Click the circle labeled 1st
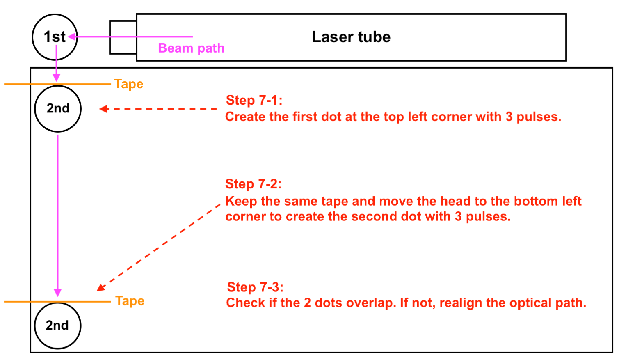(55, 37)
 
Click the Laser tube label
(351, 37)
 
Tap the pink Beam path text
(191, 48)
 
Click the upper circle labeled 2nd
(58, 109)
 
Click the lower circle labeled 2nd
(57, 326)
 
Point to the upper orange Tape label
(129, 84)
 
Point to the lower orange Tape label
(130, 301)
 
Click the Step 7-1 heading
(254, 100)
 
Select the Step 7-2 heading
(253, 184)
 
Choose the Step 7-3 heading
(255, 287)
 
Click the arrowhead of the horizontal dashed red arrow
(103, 109)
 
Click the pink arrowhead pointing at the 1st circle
(72, 37)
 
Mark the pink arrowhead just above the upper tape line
(57, 78)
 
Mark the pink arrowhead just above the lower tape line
(57, 293)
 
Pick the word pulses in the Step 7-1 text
(538, 117)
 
